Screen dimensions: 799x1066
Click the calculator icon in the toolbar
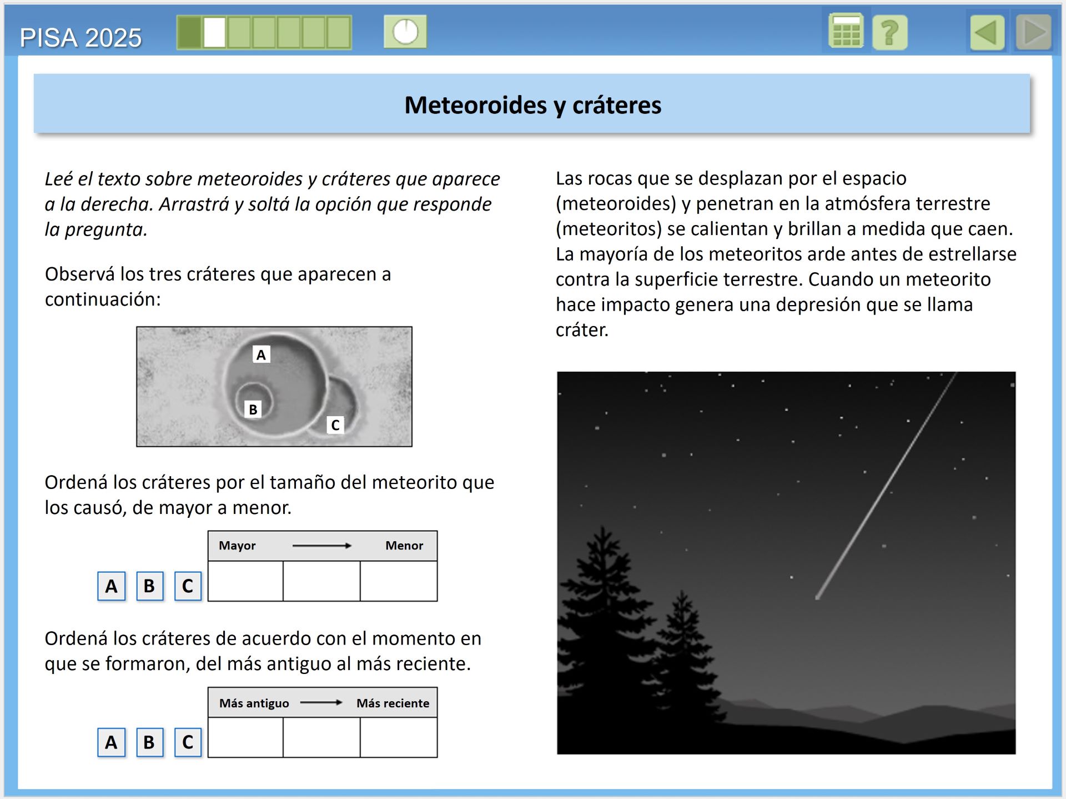tap(845, 32)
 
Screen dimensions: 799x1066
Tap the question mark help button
tap(889, 33)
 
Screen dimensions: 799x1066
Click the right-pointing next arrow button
tap(1034, 33)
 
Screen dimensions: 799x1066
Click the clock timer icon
tap(405, 32)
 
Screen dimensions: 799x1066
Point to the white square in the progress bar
tap(214, 33)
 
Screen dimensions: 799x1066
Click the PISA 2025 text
tap(81, 38)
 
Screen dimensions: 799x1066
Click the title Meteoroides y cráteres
tap(532, 105)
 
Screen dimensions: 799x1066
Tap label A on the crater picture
tap(261, 354)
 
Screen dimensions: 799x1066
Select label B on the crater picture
tap(253, 410)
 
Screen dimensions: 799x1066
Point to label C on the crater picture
tap(335, 425)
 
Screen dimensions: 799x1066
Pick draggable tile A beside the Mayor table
tap(112, 586)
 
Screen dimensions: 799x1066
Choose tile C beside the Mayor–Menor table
tap(188, 586)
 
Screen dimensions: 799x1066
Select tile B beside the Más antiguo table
tap(149, 742)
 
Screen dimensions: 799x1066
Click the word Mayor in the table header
tap(237, 546)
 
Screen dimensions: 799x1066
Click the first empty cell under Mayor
tap(245, 581)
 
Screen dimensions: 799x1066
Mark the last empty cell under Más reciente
tap(399, 737)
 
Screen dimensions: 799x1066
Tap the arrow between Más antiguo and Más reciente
tap(321, 703)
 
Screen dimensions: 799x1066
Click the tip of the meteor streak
tap(817, 597)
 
